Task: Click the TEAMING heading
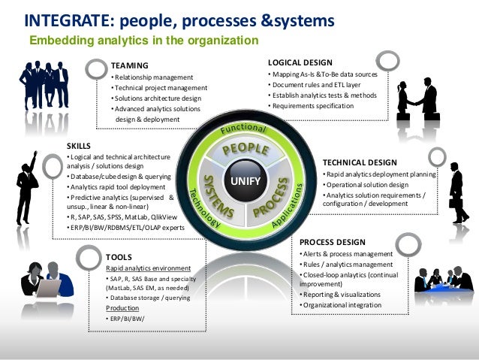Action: click(130, 65)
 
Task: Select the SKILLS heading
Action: click(79, 144)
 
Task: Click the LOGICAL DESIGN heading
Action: click(300, 62)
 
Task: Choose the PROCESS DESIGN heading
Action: click(333, 242)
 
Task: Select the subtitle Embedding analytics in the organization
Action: click(143, 40)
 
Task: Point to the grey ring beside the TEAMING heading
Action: click(96, 68)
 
